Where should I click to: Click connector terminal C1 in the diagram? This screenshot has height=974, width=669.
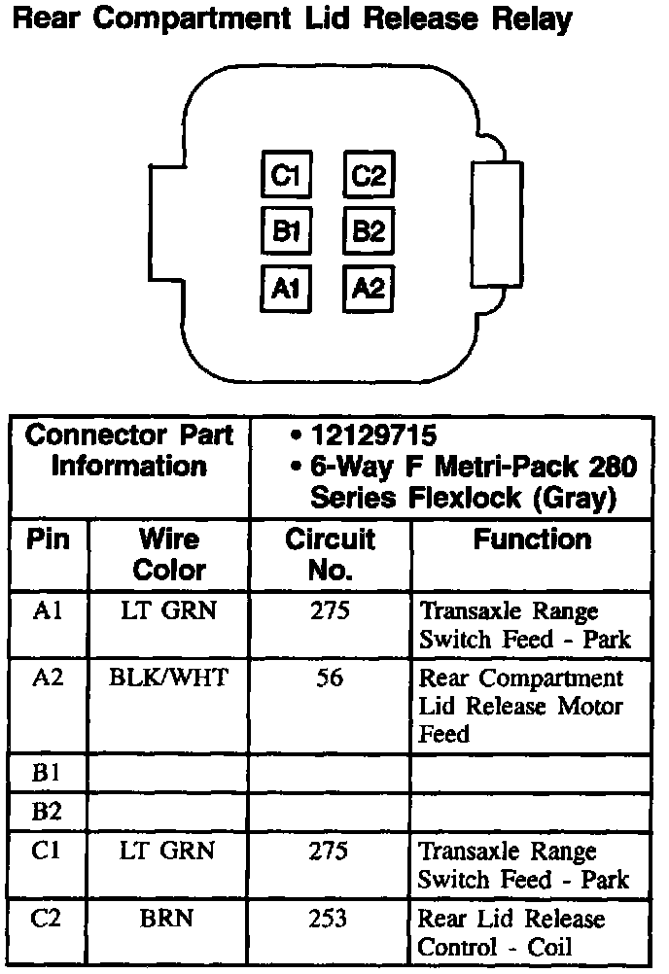[285, 176]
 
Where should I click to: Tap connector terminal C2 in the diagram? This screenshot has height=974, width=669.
[369, 176]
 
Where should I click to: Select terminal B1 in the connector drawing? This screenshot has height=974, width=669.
[285, 231]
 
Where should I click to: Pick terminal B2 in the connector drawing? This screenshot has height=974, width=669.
[369, 231]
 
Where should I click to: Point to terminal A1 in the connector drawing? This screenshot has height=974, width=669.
[285, 288]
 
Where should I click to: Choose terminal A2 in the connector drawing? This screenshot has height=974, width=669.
[369, 288]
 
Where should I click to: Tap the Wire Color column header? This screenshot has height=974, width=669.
[169, 554]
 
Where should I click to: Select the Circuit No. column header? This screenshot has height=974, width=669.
[330, 554]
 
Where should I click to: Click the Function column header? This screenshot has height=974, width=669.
[532, 539]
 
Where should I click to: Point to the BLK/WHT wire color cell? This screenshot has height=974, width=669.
[169, 678]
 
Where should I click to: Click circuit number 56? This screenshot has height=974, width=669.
[330, 678]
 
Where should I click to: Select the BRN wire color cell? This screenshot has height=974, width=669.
[169, 919]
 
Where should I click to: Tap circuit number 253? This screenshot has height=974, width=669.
[330, 919]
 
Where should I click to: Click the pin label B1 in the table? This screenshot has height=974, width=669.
[47, 774]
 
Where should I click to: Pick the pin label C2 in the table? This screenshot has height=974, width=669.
[47, 919]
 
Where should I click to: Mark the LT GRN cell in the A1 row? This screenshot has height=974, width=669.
[169, 610]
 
